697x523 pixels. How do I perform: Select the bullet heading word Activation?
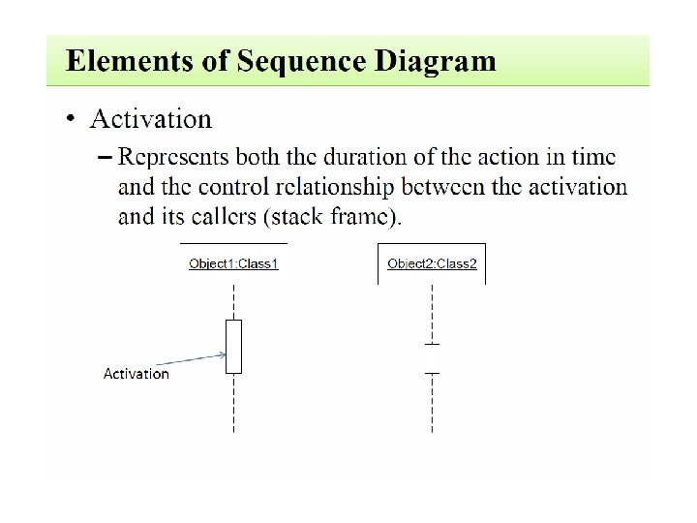click(x=150, y=119)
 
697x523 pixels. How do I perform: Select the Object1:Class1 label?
click(x=233, y=263)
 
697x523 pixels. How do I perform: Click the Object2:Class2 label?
click(x=432, y=263)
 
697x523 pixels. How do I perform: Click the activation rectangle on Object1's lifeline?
click(x=233, y=346)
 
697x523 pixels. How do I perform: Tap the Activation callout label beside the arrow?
click(x=136, y=374)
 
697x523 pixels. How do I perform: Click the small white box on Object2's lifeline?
click(x=432, y=358)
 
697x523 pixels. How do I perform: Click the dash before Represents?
click(x=105, y=156)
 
